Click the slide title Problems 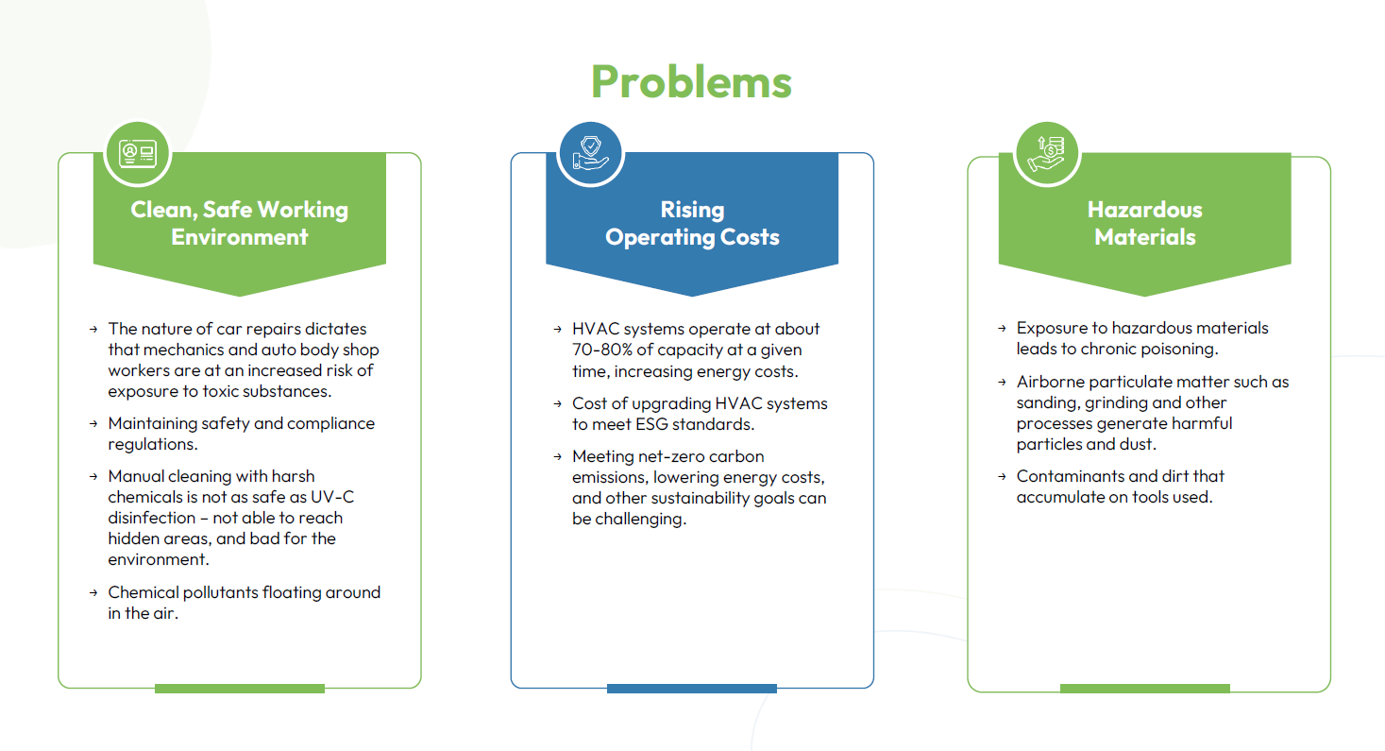(x=691, y=81)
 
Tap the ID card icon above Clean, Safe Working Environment (x=137, y=153)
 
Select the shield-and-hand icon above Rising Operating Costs (x=590, y=153)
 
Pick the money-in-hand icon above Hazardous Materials (x=1047, y=153)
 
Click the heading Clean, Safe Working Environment (x=239, y=223)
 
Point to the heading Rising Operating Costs (x=692, y=223)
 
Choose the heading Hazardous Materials (x=1144, y=223)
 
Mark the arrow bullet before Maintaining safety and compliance (x=93, y=424)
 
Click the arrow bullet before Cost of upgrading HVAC (x=557, y=404)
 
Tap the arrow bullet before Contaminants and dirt (x=1002, y=476)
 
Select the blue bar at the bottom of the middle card (x=692, y=689)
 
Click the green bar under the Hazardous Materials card (x=1144, y=689)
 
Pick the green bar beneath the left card (x=239, y=689)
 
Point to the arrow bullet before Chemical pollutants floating (x=93, y=592)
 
